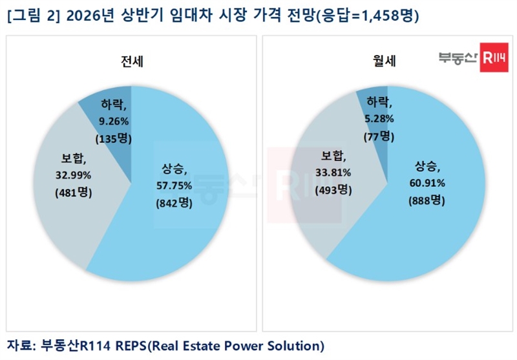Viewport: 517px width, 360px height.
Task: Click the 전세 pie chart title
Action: pyautogui.click(x=132, y=63)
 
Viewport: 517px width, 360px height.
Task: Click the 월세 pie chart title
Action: pyautogui.click(x=387, y=63)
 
